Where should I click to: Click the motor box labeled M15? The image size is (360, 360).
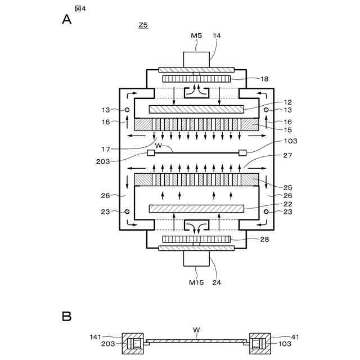click(196, 259)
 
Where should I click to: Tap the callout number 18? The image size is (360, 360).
click(265, 79)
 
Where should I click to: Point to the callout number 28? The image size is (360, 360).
click(265, 240)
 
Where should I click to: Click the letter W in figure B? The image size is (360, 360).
click(196, 331)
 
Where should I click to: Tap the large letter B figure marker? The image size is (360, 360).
click(66, 317)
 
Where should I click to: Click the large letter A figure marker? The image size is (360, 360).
click(67, 20)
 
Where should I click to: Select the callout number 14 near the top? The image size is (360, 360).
click(217, 35)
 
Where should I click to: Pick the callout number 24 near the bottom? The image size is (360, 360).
click(217, 282)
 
